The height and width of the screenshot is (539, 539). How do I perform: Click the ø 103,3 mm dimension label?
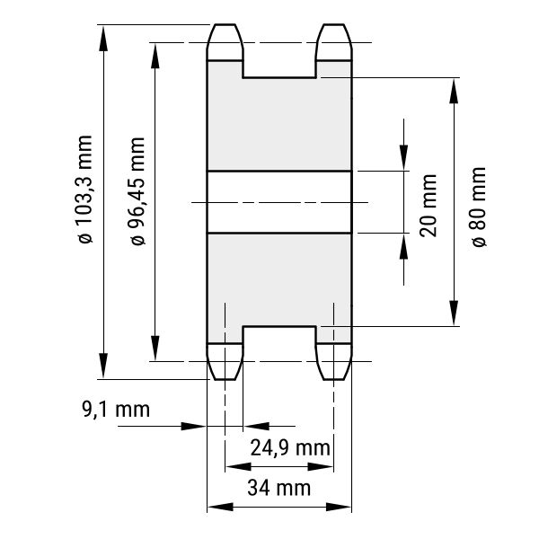(x=85, y=190)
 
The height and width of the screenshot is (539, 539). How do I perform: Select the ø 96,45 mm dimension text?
(x=137, y=191)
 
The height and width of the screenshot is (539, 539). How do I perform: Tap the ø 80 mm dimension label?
(x=479, y=207)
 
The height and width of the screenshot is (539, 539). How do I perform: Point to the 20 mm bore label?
(x=429, y=206)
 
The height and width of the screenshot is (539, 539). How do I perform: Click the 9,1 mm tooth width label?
(x=116, y=410)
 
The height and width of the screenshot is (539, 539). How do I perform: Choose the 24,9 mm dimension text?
(x=290, y=448)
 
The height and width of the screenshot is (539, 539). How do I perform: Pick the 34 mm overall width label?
(x=278, y=488)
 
